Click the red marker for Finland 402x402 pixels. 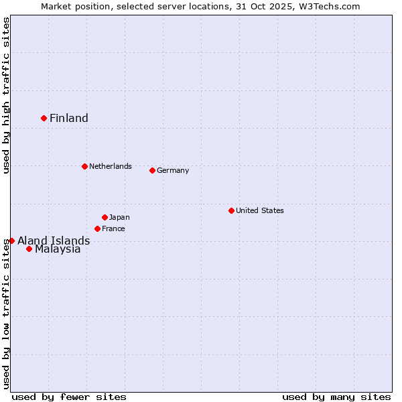[x=44, y=118]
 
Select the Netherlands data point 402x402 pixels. [x=84, y=166]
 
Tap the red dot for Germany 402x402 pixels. [x=152, y=170]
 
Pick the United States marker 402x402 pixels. [x=231, y=210]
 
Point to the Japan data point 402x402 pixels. [x=105, y=217]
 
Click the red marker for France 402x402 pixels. [x=97, y=228]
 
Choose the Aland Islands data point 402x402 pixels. [x=11, y=241]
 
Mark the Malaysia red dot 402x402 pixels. [x=29, y=249]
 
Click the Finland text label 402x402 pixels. [x=69, y=119]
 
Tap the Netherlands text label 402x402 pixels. [x=110, y=166]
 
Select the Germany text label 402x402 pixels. [x=173, y=170]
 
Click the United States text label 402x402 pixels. [x=260, y=210]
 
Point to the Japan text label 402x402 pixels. [x=119, y=217]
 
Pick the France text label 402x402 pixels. [x=113, y=228]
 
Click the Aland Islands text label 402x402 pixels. [x=54, y=241]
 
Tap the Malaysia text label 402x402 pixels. [x=58, y=249]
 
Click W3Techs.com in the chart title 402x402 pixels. [x=328, y=6]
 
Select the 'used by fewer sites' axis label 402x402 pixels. [x=69, y=397]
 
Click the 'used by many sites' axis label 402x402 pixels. [x=336, y=397]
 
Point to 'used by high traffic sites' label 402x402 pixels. [x=6, y=95]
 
